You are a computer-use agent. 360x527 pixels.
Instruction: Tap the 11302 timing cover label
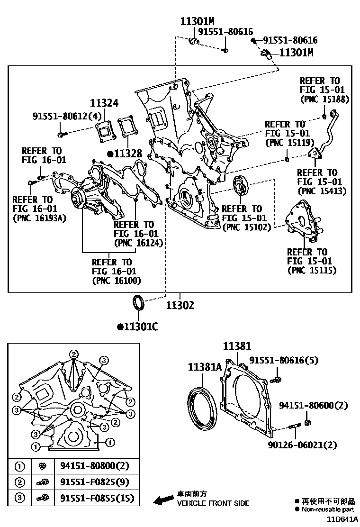point(180,306)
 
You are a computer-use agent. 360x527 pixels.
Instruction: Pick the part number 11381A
point(205,367)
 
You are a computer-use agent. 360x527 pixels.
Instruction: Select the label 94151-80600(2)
point(314,405)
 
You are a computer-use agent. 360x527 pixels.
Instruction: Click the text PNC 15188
point(324,99)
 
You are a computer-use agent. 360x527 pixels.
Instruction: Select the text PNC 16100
point(117,281)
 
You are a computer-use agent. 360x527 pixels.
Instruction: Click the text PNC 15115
point(312,270)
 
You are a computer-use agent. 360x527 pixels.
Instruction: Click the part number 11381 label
point(237,347)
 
